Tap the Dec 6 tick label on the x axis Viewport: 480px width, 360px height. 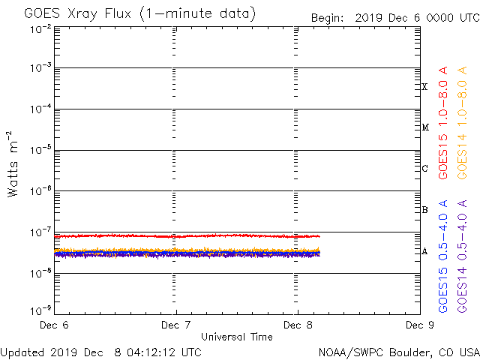coord(54,325)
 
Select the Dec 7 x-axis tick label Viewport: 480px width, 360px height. coord(176,325)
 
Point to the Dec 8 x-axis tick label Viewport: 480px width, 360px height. coord(298,325)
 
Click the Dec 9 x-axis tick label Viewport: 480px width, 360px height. coord(418,325)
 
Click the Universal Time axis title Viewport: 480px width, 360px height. coord(236,337)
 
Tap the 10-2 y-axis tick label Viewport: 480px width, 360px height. coord(40,28)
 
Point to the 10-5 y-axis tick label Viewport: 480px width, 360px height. coord(40,151)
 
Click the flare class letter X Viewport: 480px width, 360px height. coord(424,87)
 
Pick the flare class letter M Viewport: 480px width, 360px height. coord(424,127)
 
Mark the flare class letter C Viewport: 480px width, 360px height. coord(424,169)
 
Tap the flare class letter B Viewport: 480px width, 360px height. coord(424,210)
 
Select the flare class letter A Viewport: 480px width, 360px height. coord(424,251)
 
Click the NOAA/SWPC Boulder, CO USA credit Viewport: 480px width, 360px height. coord(398,352)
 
